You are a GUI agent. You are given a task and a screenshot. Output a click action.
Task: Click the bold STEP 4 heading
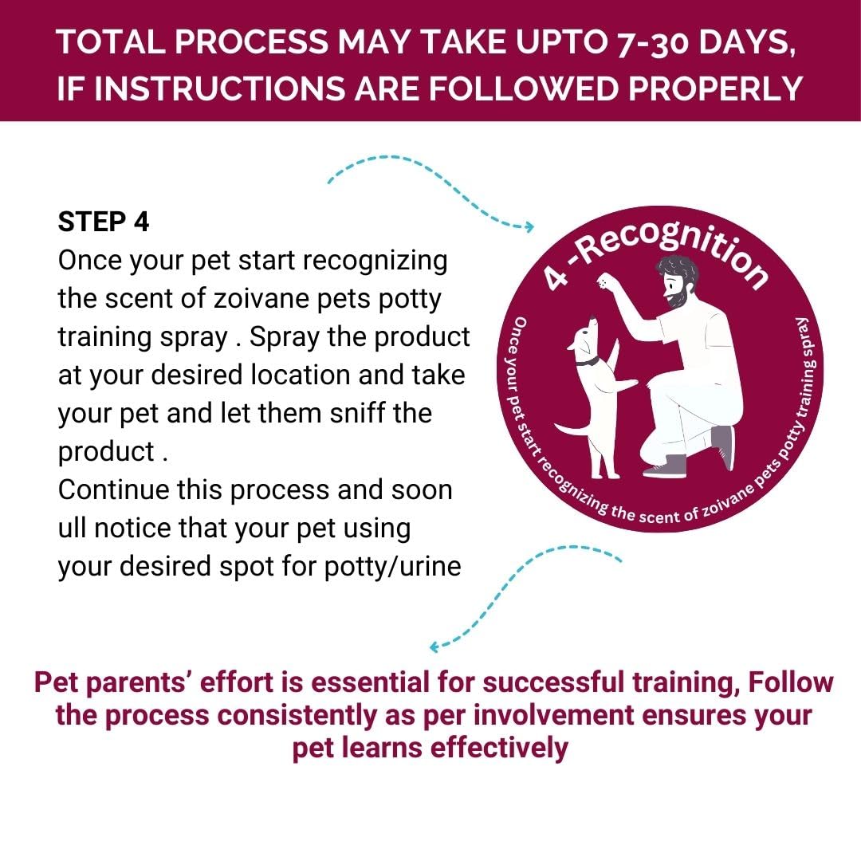104,222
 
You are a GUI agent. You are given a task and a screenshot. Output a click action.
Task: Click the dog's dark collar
588,360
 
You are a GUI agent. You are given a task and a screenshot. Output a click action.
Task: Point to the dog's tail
571,431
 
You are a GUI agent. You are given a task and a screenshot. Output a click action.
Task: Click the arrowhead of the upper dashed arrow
529,227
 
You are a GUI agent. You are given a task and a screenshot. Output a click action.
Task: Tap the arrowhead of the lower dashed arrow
434,647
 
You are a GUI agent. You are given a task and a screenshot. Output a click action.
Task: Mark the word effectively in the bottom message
494,749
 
